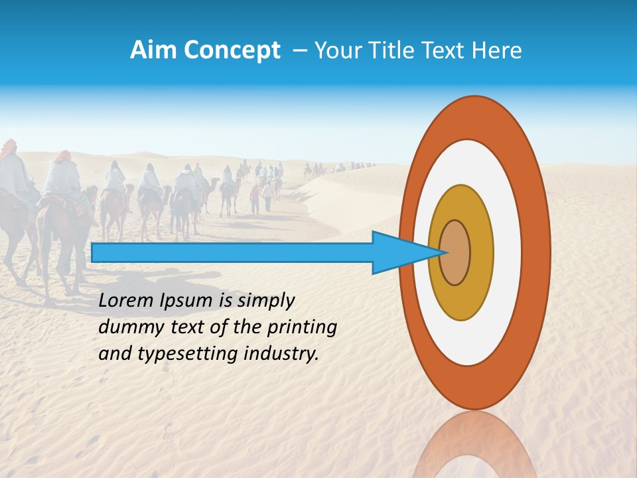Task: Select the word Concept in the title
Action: tap(232, 50)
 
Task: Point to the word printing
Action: tap(302, 328)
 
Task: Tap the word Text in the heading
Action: tap(443, 50)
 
